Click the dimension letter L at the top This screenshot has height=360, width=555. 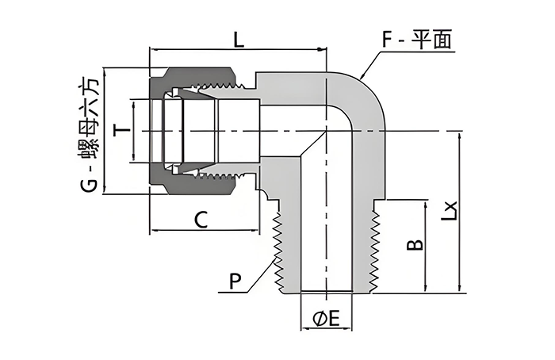pyautogui.click(x=239, y=37)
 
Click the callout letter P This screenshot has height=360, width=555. pyautogui.click(x=235, y=281)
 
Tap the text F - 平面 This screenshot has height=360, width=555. pyautogui.click(x=417, y=40)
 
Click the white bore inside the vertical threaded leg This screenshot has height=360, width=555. pyautogui.click(x=327, y=230)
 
